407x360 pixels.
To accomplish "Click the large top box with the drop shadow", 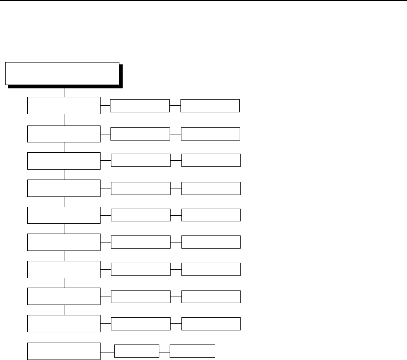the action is pyautogui.click(x=62, y=73).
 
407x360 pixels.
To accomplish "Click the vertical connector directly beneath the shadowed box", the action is pyautogui.click(x=64, y=92).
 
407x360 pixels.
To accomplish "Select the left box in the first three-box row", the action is pyautogui.click(x=64, y=106).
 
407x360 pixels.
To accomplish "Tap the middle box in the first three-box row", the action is pyautogui.click(x=140, y=106).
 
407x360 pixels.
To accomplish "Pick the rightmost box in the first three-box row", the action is pyautogui.click(x=210, y=106).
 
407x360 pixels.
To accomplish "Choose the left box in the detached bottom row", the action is pyautogui.click(x=64, y=352).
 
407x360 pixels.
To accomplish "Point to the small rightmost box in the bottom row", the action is pyautogui.click(x=192, y=352).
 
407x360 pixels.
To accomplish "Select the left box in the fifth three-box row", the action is pyautogui.click(x=64, y=215).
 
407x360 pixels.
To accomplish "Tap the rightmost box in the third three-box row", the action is pyautogui.click(x=211, y=160).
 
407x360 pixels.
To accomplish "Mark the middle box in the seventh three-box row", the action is pyautogui.click(x=140, y=269).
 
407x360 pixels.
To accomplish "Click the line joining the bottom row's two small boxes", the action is pyautogui.click(x=164, y=352).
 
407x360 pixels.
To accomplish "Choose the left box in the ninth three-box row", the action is pyautogui.click(x=64, y=324).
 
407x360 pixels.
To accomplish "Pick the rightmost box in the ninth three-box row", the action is pyautogui.click(x=211, y=324).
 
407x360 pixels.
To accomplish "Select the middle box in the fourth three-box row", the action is pyautogui.click(x=140, y=188).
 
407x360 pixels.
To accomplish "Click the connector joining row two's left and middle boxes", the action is pyautogui.click(x=106, y=133).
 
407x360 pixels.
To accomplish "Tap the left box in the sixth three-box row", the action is pyautogui.click(x=64, y=242).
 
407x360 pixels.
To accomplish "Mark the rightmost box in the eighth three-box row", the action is pyautogui.click(x=211, y=297).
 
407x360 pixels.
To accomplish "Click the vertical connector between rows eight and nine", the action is pyautogui.click(x=64, y=310).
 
